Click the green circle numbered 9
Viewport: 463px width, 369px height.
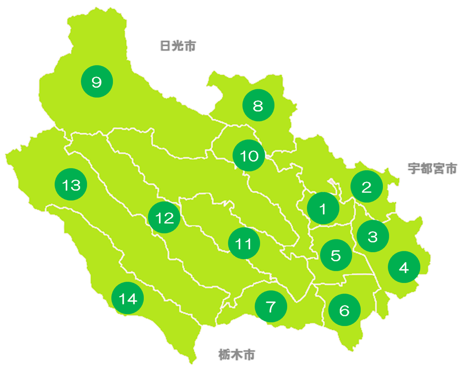97,82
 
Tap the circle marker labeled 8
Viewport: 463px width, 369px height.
258,106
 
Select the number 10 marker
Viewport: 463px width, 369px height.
249,156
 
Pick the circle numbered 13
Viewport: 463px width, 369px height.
71,185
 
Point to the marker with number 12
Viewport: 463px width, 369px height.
164,218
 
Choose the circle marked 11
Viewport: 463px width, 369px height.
244,244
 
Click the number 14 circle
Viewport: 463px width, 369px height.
128,298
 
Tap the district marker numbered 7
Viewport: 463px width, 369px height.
271,306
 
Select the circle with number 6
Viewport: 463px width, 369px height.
344,310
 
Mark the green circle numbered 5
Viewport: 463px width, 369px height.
336,255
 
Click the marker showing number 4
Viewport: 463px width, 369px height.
404,267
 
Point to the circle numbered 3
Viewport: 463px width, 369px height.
372,237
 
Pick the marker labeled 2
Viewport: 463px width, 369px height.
366,187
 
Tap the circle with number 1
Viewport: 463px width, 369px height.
323,209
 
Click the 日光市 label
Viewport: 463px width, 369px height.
177,46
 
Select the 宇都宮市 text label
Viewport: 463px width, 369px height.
432,168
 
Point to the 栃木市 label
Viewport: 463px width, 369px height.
236,354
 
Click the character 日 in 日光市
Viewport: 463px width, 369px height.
165,46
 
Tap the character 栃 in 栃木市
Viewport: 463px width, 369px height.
224,354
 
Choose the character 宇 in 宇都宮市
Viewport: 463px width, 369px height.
414,168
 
